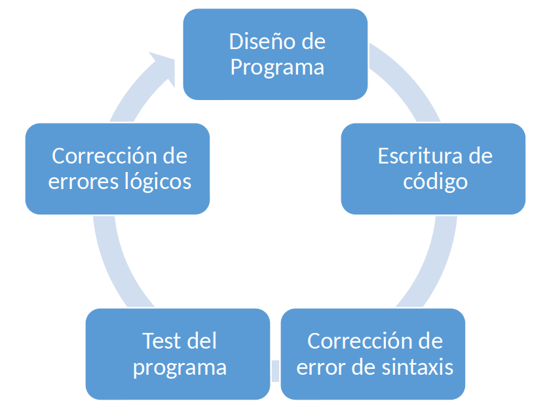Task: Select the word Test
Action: click(x=162, y=341)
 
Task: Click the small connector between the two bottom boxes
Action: click(x=276, y=371)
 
